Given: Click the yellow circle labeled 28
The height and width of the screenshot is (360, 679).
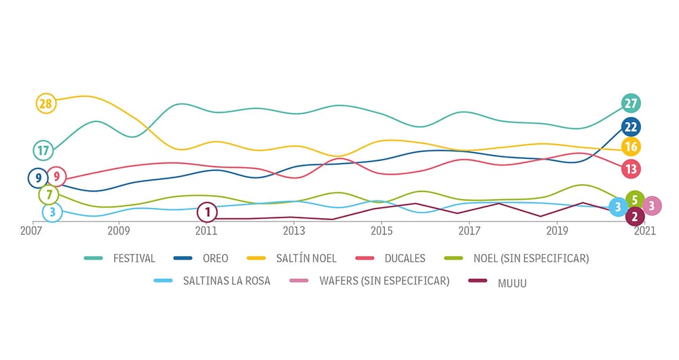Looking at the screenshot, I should pos(45,103).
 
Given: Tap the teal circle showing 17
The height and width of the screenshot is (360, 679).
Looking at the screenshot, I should pos(43,150).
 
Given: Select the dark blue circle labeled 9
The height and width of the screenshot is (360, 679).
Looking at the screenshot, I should pos(38,178).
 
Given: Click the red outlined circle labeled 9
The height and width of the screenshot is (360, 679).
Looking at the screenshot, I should pos(57,178).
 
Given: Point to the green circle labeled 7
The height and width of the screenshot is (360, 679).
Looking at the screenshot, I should pos(48,195).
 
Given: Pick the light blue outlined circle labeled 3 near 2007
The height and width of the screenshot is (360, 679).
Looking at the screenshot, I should pos(52,213).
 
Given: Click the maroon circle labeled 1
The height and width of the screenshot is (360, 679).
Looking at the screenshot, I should pos(207,213).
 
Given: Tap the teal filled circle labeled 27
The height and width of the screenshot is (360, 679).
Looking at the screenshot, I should pos(631,103).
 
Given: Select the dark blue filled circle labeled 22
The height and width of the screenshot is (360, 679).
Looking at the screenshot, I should pos(631,127).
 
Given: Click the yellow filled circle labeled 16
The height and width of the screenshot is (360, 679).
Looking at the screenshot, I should pos(631,147).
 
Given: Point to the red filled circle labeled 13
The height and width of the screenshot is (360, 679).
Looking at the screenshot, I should pos(631,168).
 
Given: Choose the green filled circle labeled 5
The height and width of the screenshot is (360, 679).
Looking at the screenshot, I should pos(635,200).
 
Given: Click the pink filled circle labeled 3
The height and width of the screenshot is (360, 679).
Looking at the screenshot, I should pos(652,206).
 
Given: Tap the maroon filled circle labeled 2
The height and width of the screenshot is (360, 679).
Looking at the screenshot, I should pos(635,217).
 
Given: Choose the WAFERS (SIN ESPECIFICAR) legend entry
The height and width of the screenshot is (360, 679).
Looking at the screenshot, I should pos(384,281).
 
